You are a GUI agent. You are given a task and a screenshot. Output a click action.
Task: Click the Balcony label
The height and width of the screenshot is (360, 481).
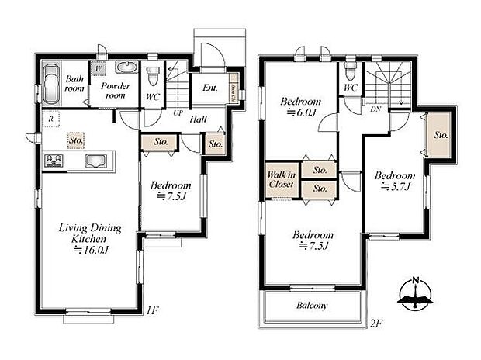pyautogui.click(x=311, y=306)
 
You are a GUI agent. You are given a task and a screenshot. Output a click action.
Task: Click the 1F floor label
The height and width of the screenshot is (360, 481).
pyautogui.click(x=152, y=310)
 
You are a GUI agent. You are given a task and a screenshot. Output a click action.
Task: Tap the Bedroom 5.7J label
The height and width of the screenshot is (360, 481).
pyautogui.click(x=395, y=181)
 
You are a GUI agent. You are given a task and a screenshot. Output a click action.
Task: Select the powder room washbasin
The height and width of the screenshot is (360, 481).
pyautogui.click(x=126, y=67)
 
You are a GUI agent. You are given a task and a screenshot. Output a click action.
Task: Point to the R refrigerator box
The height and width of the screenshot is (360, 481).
pyautogui.click(x=50, y=119)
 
